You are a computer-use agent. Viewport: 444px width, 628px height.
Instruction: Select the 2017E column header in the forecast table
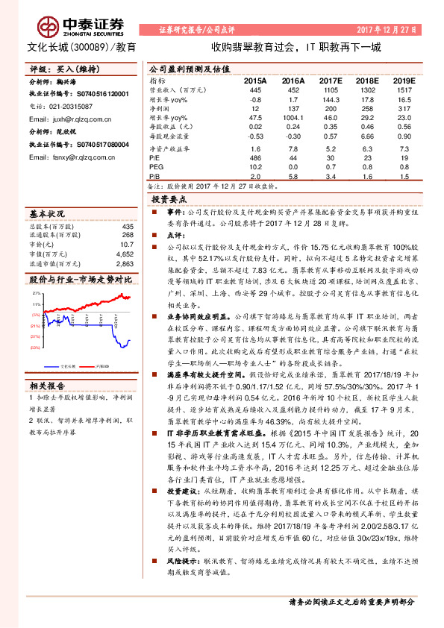point(330,79)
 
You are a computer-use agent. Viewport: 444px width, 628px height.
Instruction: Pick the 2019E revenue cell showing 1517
point(403,89)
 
